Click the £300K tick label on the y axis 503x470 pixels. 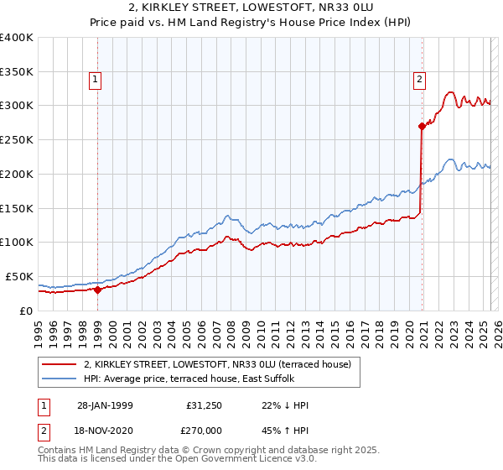(17, 106)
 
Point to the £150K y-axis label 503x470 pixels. (17, 208)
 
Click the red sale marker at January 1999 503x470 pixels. (98, 290)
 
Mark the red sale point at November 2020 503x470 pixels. (422, 126)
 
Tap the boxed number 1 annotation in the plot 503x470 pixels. (96, 81)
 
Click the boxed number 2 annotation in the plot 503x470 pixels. (419, 81)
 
